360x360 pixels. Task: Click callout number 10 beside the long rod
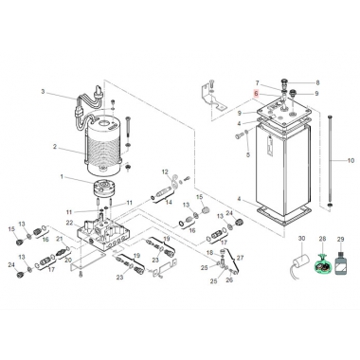click(350, 160)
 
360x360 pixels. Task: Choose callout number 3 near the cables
click(43, 91)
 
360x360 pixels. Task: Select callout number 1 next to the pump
click(63, 177)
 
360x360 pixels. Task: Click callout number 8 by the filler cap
click(317, 83)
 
